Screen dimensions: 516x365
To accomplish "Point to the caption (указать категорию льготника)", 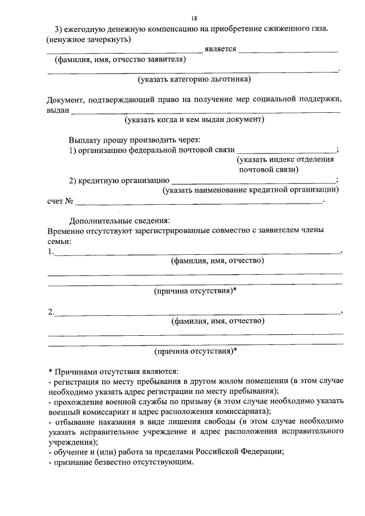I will (194, 79).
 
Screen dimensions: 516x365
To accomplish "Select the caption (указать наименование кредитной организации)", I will (250, 189).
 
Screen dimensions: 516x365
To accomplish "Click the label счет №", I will (61, 201).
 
